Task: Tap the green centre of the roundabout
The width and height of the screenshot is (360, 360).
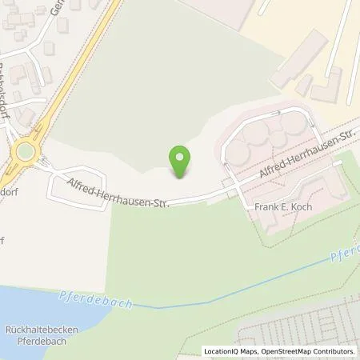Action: click(26, 151)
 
